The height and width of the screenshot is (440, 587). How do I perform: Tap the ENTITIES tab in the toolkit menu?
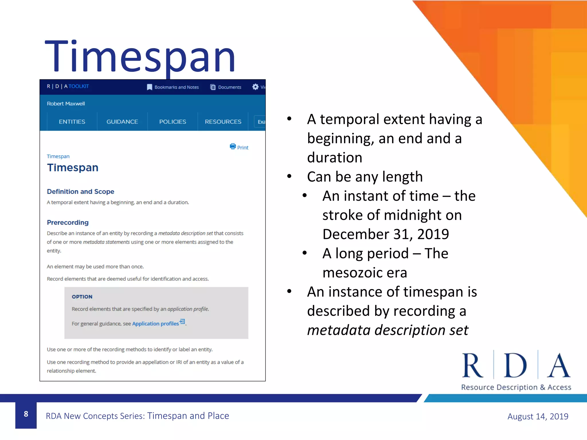(x=72, y=122)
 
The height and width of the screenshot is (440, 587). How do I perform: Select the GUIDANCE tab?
(x=122, y=122)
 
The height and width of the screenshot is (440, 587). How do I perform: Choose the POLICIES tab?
(x=173, y=122)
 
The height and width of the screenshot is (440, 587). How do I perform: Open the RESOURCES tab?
(x=223, y=122)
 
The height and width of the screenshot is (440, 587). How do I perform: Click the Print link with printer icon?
(x=239, y=147)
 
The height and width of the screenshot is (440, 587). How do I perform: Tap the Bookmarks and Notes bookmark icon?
(x=150, y=87)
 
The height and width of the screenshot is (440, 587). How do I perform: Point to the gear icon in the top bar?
(x=255, y=87)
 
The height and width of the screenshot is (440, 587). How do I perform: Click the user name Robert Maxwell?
(x=66, y=104)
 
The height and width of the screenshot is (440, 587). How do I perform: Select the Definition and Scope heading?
(x=81, y=191)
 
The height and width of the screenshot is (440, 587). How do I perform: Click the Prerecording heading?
(x=68, y=222)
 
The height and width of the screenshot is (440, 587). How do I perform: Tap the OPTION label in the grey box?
(x=82, y=297)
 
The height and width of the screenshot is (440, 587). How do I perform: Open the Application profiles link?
(x=156, y=324)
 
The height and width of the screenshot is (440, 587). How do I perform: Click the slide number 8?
(x=26, y=414)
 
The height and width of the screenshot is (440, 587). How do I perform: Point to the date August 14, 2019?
(x=538, y=416)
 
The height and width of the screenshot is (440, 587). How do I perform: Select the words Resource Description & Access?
(x=516, y=387)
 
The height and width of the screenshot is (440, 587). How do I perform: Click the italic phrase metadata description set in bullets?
(x=388, y=330)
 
